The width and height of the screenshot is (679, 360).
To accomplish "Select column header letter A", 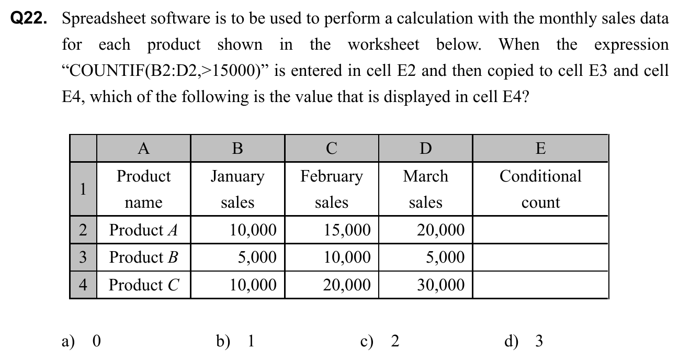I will (x=143, y=148).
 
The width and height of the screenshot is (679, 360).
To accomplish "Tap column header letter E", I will (x=540, y=148).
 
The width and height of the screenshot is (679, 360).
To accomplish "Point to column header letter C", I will (x=331, y=148).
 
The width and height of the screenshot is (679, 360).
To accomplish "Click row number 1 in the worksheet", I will (x=83, y=189).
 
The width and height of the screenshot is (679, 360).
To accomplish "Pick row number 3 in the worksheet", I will (x=83, y=257).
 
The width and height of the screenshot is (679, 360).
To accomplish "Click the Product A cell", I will (x=143, y=230).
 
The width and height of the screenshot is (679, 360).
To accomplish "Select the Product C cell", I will (x=144, y=285).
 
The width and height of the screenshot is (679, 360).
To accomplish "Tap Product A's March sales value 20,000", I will (x=440, y=230).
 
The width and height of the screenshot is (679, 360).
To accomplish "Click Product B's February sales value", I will (x=346, y=257).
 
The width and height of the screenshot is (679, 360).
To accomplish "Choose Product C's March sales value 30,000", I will (x=440, y=285).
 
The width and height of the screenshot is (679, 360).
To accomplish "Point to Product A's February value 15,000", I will (x=346, y=230).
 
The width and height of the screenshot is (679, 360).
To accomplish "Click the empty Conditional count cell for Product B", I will (x=540, y=257).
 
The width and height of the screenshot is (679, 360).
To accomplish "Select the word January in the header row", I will (x=237, y=176).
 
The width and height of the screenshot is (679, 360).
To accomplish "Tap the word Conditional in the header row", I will (x=540, y=176).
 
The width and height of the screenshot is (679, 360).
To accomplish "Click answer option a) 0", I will (x=81, y=341).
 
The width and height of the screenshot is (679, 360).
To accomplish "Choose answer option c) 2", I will (x=380, y=341).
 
